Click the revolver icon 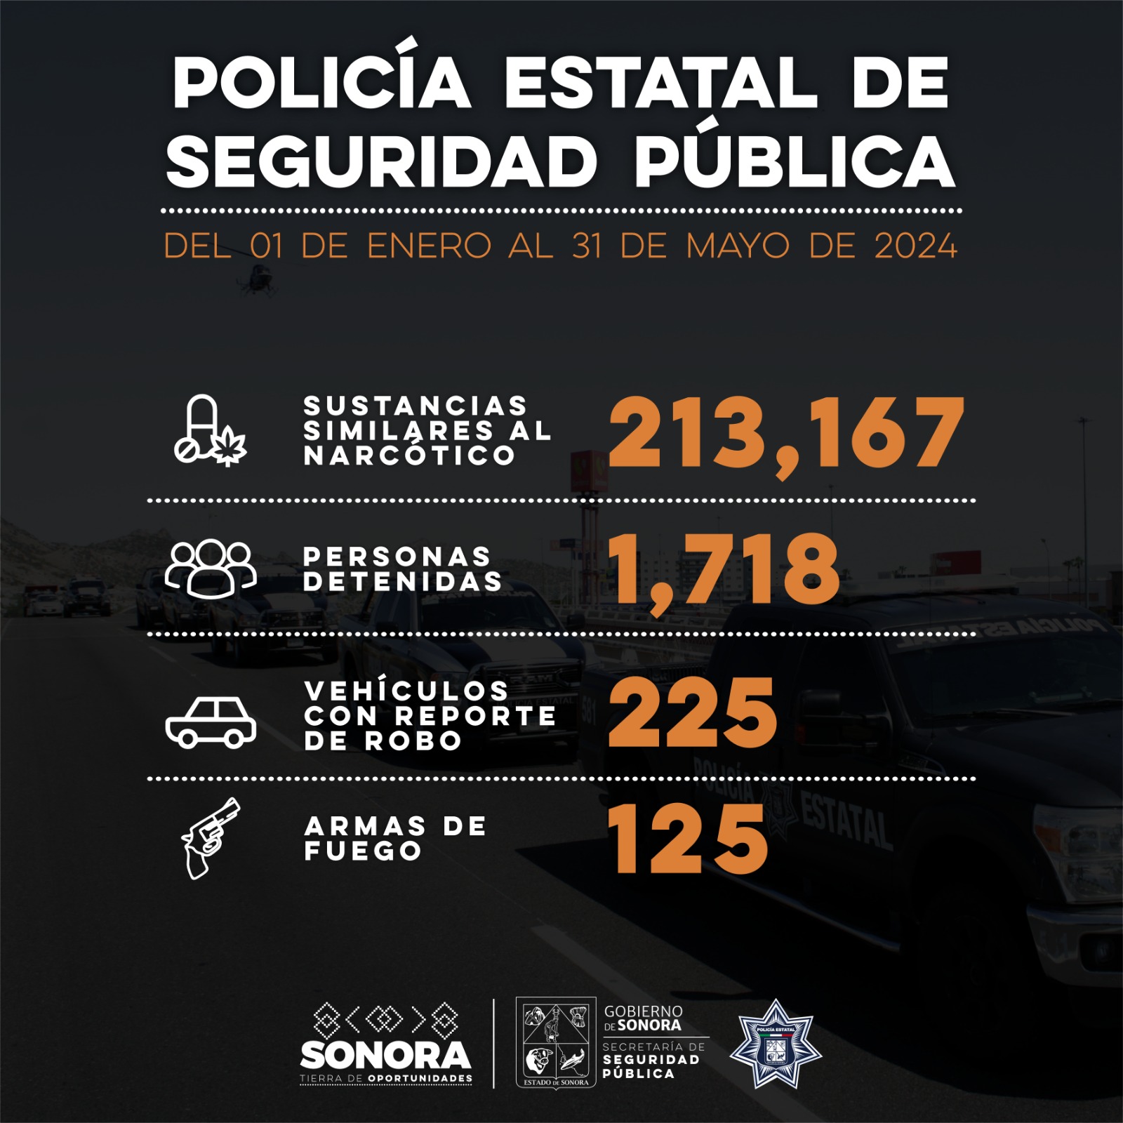click(209, 838)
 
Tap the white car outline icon click(211, 722)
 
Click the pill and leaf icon click(209, 430)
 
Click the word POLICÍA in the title click(321, 82)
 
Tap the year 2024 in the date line click(915, 246)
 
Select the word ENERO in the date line click(429, 246)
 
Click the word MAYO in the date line click(737, 246)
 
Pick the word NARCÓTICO click(410, 456)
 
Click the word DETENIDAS click(403, 581)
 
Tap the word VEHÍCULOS click(407, 691)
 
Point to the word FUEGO click(363, 851)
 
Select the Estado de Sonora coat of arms click(556, 1043)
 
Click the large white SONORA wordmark click(385, 1055)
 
